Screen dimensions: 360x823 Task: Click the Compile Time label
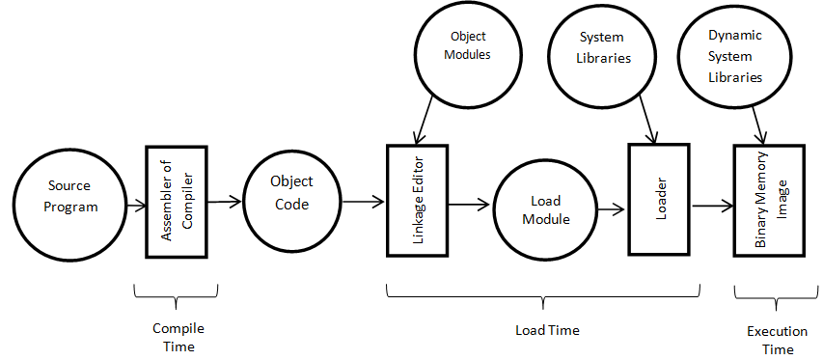[178, 337]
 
